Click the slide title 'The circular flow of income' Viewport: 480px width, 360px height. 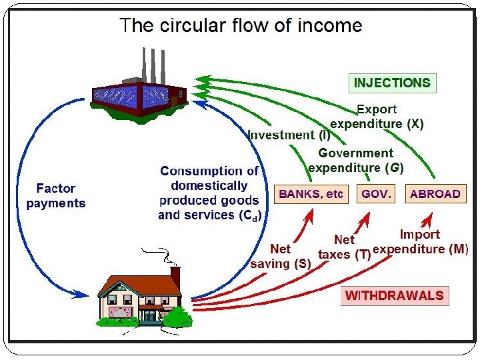coord(241,26)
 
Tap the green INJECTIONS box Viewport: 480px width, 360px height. coord(392,83)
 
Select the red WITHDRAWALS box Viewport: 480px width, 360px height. coord(393,295)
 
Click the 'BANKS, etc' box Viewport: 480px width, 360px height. coord(311,194)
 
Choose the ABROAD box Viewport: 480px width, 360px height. coord(435,194)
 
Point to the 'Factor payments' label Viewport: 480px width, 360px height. coord(56,195)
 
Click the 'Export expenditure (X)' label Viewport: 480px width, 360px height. coord(377,116)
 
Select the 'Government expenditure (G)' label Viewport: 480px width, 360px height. coord(355,160)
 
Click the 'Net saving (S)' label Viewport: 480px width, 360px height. coord(281,256)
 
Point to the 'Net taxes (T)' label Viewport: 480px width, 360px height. coord(344,247)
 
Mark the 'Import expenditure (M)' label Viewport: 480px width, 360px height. coord(420,242)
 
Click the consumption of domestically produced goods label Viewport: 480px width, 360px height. coord(209,193)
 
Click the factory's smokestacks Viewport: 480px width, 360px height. coord(153,64)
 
